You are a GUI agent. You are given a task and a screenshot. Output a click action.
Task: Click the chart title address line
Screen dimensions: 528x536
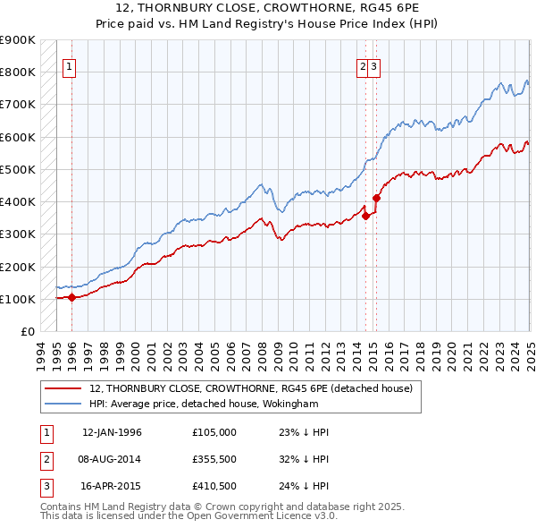267,8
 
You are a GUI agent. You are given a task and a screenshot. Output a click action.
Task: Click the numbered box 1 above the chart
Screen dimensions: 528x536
70,65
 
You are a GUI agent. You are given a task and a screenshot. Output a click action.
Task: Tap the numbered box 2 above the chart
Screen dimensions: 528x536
364,65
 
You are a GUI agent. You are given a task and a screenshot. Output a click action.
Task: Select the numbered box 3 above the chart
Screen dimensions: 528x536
374,65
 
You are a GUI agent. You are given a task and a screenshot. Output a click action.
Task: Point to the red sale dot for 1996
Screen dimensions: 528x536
71,298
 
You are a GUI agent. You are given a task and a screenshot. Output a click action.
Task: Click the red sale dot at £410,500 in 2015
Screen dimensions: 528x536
376,198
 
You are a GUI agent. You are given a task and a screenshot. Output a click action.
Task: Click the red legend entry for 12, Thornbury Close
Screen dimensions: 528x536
250,388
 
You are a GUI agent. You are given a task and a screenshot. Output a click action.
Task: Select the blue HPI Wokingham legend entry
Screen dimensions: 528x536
203,404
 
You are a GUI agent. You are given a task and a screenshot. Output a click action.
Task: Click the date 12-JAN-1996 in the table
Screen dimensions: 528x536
112,432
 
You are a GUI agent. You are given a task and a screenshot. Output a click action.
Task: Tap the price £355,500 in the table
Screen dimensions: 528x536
214,460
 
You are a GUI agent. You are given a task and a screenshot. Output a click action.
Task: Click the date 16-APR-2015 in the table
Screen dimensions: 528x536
112,488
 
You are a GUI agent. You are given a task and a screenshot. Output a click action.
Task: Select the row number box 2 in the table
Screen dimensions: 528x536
45,460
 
